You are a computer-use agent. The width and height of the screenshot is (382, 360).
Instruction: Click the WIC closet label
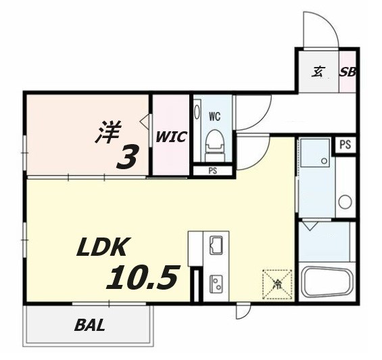point(171,137)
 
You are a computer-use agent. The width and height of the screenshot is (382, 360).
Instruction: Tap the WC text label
point(214,116)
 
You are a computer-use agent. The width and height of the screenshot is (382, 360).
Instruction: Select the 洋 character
point(106,131)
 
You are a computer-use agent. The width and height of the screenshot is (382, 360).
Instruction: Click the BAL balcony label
point(89,325)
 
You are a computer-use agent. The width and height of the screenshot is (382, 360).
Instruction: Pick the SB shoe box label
point(348,72)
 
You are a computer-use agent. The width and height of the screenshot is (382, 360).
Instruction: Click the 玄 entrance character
point(318,72)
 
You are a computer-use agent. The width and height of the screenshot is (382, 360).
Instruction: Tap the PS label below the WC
point(212,171)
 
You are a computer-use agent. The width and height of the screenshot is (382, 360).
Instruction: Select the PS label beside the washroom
point(345,144)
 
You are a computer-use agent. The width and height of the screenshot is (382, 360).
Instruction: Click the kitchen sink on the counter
point(217,245)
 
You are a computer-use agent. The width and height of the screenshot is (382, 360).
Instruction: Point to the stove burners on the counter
point(217,283)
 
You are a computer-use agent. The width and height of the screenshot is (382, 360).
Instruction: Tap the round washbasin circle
point(345,202)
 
